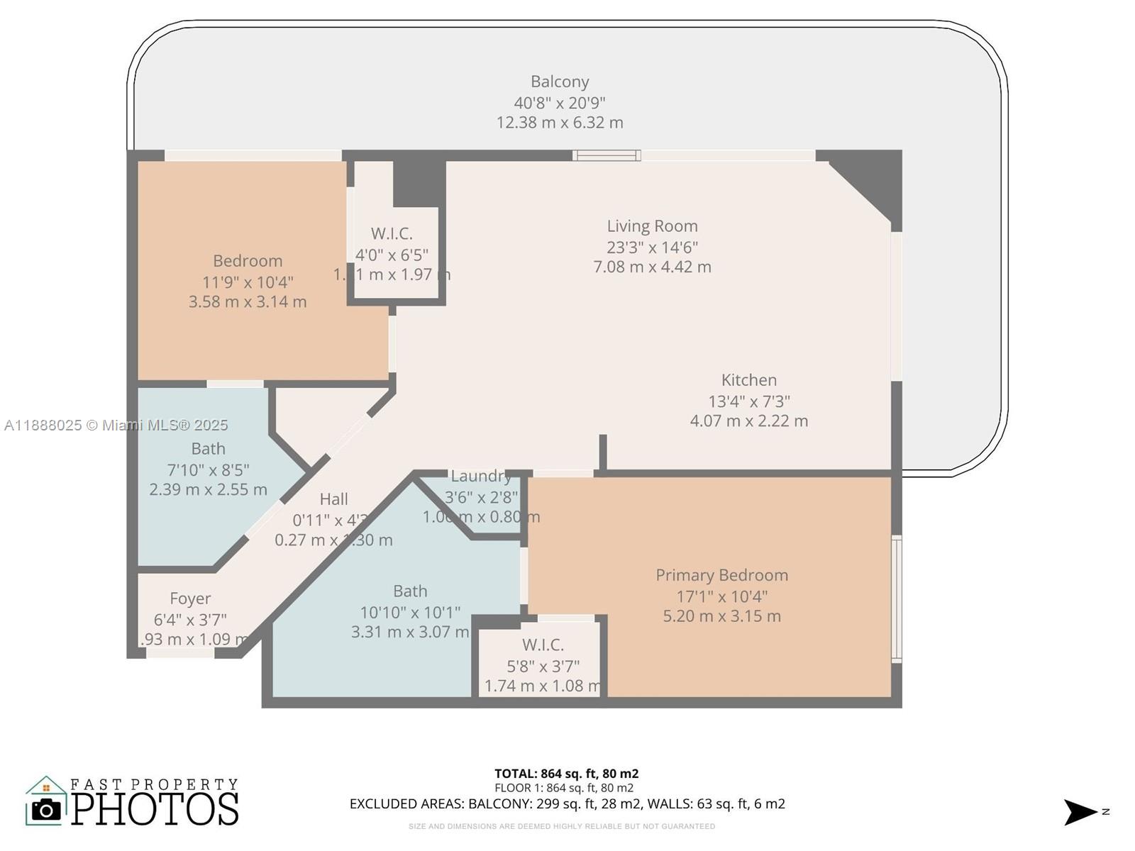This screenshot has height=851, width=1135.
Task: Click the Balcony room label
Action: coord(560,82)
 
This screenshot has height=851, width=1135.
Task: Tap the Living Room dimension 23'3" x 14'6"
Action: coord(652,247)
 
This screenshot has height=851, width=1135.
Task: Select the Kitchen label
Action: coord(748,380)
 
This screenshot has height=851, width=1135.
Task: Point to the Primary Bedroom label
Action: coord(721,575)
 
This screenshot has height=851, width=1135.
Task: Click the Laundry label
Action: coord(480,476)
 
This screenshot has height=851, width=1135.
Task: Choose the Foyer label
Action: coord(190,599)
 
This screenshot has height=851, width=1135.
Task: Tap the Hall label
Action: coord(333,499)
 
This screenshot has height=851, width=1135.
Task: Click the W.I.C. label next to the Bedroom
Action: coord(392,233)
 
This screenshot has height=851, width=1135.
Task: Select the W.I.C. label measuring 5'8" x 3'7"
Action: coord(543,645)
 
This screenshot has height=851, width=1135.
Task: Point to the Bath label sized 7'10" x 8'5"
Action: coord(208,449)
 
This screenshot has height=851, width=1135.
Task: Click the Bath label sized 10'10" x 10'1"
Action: coord(410,591)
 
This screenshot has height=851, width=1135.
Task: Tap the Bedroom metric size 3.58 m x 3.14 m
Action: coord(248,302)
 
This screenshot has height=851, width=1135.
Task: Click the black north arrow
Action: coord(1080,812)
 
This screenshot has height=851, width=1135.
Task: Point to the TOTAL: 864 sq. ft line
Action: coord(566,774)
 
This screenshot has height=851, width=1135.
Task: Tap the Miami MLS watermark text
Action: coord(116,425)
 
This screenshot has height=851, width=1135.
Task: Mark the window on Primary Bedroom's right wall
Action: coord(897,599)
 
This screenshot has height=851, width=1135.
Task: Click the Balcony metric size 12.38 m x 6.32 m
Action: coord(560,123)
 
